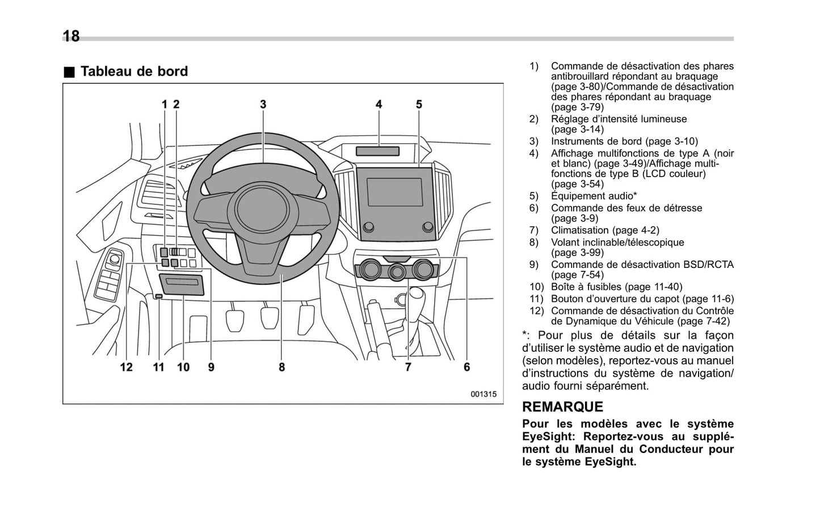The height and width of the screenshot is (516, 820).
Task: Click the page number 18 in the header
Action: coord(71,36)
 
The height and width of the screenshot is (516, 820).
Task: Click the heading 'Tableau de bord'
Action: coord(134,72)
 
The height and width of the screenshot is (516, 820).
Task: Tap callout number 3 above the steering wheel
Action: coord(263,104)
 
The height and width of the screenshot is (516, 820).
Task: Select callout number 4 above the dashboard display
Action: coord(379,104)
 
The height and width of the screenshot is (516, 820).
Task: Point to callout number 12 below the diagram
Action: coord(126,367)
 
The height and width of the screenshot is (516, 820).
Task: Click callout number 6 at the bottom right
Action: coord(466,367)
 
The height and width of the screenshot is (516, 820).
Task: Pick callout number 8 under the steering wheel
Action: coord(281,367)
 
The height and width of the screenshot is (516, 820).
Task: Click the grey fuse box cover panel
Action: coord(182,284)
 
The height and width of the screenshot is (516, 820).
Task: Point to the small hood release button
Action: coord(159,296)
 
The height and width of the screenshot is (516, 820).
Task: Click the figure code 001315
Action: coord(483,394)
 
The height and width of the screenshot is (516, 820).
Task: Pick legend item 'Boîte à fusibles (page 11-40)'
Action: coord(616,287)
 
